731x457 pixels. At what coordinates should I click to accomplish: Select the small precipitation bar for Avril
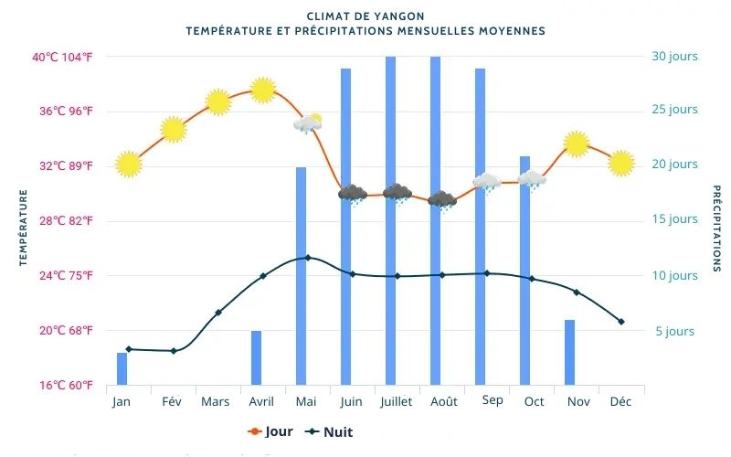pyautogui.click(x=256, y=357)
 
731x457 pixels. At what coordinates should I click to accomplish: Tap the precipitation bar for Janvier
pyautogui.click(x=122, y=368)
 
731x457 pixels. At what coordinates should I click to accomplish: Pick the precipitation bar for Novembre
pyautogui.click(x=569, y=352)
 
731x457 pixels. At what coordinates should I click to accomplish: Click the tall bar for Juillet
pyautogui.click(x=390, y=219)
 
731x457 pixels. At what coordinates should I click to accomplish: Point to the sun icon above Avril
pyautogui.click(x=263, y=90)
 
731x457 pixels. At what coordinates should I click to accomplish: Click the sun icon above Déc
pyautogui.click(x=621, y=163)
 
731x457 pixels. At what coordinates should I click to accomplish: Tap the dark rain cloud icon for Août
pyautogui.click(x=442, y=200)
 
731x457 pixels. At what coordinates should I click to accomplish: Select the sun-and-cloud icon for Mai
pyautogui.click(x=308, y=123)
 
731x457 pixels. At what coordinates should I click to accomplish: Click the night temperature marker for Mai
pyautogui.click(x=307, y=258)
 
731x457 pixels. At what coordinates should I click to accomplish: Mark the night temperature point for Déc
pyautogui.click(x=621, y=322)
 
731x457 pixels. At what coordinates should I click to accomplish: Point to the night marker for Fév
pyautogui.click(x=173, y=351)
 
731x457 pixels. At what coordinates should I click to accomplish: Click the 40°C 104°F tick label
pyautogui.click(x=63, y=57)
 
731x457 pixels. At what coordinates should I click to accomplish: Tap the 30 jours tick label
pyautogui.click(x=674, y=57)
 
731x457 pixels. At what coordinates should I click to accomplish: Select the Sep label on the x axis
pyautogui.click(x=492, y=400)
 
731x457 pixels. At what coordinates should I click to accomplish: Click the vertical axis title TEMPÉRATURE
pyautogui.click(x=24, y=228)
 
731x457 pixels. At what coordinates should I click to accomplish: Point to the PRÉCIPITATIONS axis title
pyautogui.click(x=716, y=228)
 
